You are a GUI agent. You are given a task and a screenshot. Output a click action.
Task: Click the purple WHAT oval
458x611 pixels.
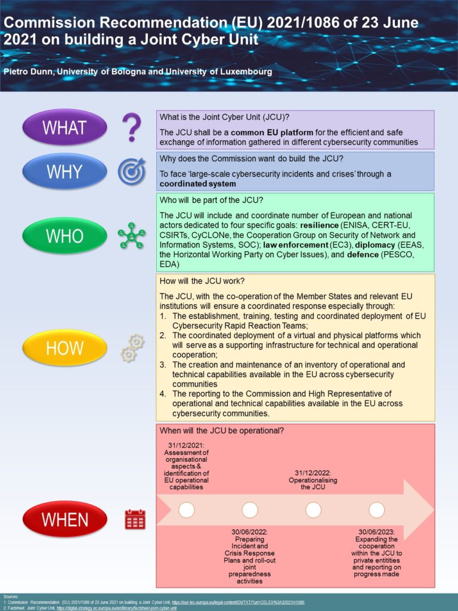tap(65, 127)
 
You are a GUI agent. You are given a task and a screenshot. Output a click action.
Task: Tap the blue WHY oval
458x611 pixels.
tap(65, 171)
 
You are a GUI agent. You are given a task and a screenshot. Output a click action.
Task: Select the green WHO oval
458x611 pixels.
tap(65, 236)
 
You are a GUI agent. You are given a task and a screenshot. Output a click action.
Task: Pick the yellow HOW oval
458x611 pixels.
tap(65, 348)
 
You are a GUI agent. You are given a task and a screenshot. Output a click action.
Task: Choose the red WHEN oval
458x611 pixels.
tap(65, 519)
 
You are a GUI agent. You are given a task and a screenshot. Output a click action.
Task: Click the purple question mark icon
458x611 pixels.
tap(131, 127)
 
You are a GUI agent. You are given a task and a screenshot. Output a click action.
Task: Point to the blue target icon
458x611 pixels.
tap(131, 171)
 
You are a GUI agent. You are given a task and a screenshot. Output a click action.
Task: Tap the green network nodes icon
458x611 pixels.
tap(131, 236)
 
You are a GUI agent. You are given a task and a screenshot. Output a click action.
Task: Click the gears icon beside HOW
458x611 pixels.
tap(132, 348)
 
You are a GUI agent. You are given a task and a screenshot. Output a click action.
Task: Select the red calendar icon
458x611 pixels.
tap(135, 519)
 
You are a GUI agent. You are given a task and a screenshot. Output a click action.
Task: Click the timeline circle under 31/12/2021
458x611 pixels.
tap(187, 510)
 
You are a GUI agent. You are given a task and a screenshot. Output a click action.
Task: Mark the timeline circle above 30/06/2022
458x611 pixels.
tap(250, 510)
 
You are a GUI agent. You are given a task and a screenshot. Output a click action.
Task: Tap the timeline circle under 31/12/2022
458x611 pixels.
tap(313, 510)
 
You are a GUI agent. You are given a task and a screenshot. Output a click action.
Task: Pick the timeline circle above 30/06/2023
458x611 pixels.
tap(376, 510)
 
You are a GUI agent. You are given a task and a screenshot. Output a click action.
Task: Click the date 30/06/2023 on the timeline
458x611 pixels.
tap(376, 531)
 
